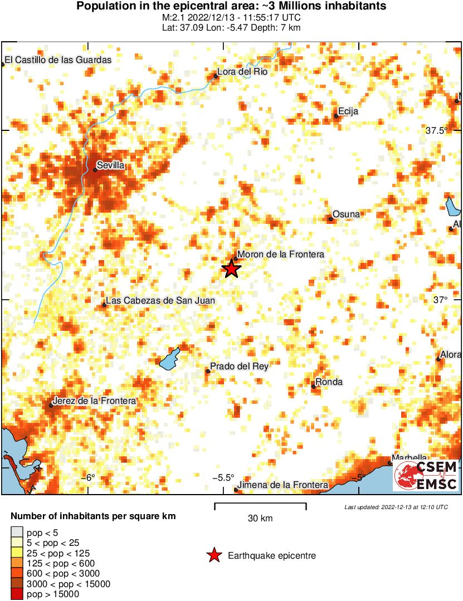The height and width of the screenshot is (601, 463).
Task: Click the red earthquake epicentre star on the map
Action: point(231,268)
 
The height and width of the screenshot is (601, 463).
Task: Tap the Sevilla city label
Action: point(110,165)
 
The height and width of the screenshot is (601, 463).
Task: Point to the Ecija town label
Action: point(348,111)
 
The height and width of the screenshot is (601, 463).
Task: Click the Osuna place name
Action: point(346,214)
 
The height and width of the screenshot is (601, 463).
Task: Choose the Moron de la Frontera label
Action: point(280,255)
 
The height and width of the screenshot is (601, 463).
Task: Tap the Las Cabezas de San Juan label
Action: point(160,301)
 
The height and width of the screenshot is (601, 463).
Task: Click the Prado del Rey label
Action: point(239,367)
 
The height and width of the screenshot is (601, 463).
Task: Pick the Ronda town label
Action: point(329,382)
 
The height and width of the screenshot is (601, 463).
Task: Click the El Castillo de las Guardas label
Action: point(58,60)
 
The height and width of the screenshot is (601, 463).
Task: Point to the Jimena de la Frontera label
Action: point(282,486)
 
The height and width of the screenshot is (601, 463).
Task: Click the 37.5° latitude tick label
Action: point(437,131)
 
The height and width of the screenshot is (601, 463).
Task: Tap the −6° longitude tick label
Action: point(89,477)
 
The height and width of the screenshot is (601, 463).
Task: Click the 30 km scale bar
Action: point(260,506)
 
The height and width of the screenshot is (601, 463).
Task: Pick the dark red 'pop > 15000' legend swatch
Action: point(17,594)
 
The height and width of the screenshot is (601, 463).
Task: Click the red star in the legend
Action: point(213,555)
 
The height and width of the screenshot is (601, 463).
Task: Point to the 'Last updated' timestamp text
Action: point(396,507)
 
